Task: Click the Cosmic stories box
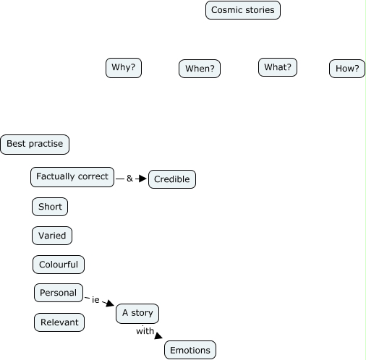pos(243,10)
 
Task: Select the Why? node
pos(124,68)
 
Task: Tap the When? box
pos(200,69)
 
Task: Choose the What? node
pos(278,67)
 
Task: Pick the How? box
pos(347,69)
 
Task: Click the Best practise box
pos(35,145)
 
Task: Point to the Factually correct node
pos(72,177)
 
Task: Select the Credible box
pos(172,179)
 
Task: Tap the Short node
pos(50,207)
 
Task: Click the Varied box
pos(52,236)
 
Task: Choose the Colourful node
pos(59,265)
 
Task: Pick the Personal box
pos(59,293)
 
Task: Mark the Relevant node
pos(59,322)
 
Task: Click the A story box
pos(137,314)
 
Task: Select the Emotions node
pos(190,350)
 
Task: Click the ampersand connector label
pos(129,179)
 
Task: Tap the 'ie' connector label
pos(95,300)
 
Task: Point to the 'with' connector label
pos(145,331)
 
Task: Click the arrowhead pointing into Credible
pos(142,179)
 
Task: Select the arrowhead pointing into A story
pos(111,304)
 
